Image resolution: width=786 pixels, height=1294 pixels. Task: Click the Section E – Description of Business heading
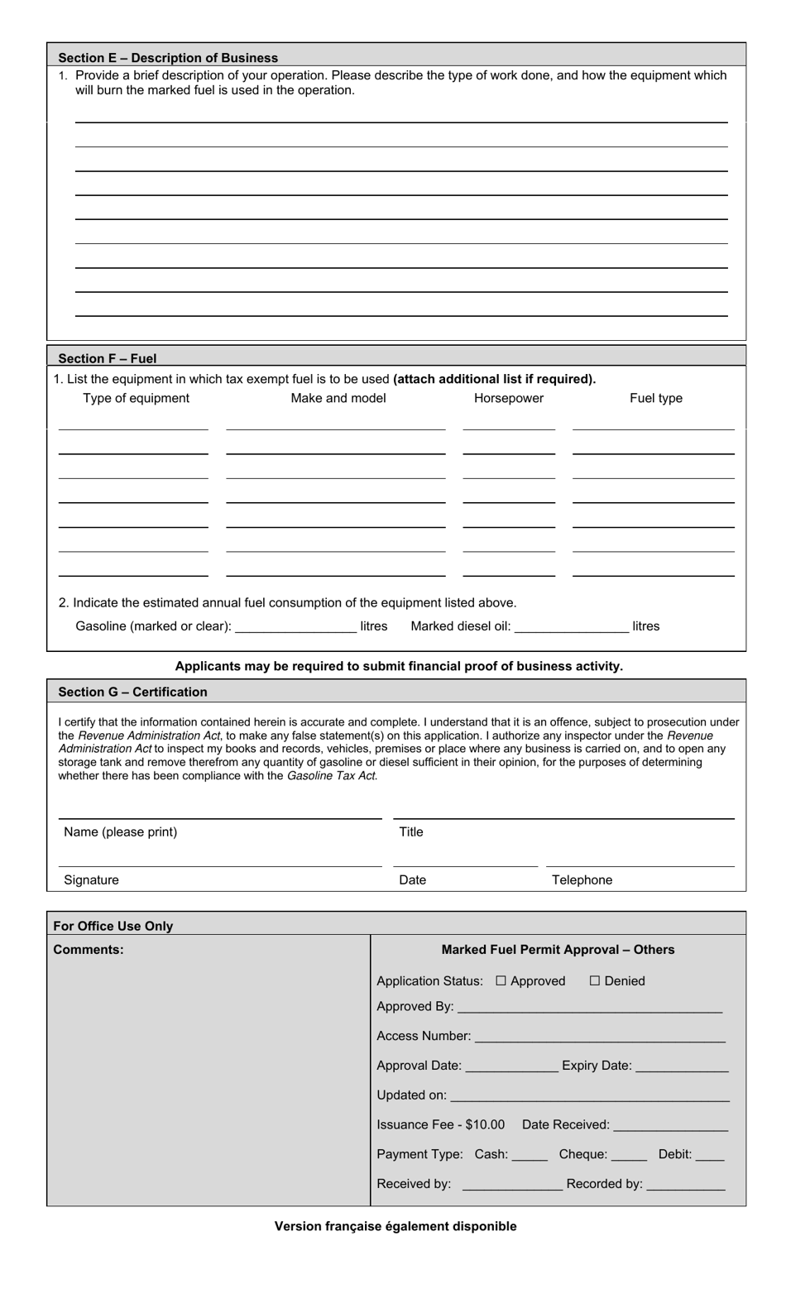pos(168,58)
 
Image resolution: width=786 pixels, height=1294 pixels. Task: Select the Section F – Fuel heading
pos(107,358)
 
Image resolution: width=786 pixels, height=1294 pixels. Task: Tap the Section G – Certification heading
pos(132,692)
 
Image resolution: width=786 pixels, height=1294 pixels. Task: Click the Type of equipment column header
pos(136,398)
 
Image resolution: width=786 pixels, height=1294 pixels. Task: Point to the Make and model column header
pos(338,398)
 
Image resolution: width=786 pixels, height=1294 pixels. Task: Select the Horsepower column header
pos(509,398)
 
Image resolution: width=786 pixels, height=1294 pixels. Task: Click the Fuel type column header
pos(656,398)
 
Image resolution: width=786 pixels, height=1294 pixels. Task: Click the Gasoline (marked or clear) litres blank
pos(295,626)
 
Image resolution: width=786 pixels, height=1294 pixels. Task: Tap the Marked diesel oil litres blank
pos(571,626)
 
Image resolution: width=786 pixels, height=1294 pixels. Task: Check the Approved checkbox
pos(501,981)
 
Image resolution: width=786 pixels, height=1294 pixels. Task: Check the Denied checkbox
pos(595,981)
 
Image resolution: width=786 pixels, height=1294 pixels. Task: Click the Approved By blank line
pos(589,1007)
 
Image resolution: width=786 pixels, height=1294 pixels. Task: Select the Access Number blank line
pos(600,1037)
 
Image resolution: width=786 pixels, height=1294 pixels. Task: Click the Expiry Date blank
pos(682,1066)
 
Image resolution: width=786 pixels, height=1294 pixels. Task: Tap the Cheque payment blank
pos(629,1155)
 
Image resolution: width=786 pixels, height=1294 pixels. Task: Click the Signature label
pos(91,879)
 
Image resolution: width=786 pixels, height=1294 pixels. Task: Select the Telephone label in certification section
pos(582,879)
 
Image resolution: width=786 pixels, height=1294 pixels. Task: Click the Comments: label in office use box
pos(89,950)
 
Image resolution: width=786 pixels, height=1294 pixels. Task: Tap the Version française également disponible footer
pos(395,1226)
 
